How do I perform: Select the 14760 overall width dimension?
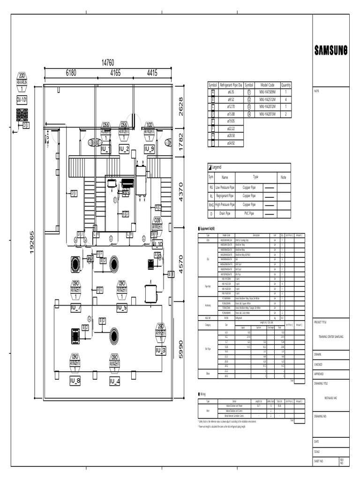(x=108, y=63)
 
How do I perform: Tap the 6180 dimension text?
(x=71, y=73)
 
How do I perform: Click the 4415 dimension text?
(x=152, y=73)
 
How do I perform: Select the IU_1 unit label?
(x=105, y=149)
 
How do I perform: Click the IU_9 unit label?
(x=149, y=149)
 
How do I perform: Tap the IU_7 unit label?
(x=76, y=308)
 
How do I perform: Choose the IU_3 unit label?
(x=160, y=350)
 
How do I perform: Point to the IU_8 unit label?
(x=75, y=381)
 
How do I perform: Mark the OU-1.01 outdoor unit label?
(x=22, y=100)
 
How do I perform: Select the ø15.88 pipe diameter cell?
(x=231, y=114)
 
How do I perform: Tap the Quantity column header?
(x=286, y=85)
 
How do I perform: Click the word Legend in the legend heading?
(x=217, y=167)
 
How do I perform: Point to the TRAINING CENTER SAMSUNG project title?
(x=331, y=337)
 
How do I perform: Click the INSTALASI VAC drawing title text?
(x=331, y=397)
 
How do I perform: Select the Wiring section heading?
(x=202, y=394)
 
